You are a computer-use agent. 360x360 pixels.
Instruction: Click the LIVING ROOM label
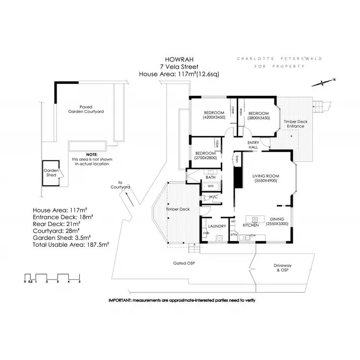coord(266,176)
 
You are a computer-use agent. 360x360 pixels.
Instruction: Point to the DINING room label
coord(277,219)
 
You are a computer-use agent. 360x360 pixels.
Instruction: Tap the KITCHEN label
coord(251,225)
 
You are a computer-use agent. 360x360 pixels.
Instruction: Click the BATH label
coord(210,178)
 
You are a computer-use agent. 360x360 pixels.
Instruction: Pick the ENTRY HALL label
coord(253,145)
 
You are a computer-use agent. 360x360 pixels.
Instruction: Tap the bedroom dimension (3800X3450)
coord(259,118)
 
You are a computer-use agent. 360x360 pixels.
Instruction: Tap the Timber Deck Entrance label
coord(295,124)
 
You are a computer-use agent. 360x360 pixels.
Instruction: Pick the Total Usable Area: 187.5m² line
coord(71,244)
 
